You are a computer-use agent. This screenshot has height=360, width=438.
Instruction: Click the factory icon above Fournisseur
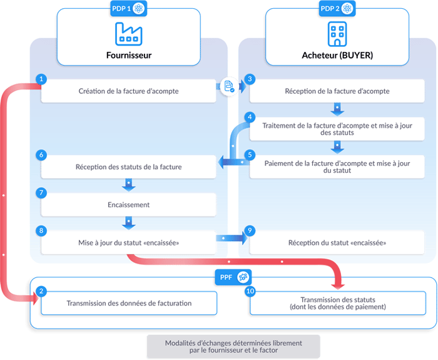pos(128,33)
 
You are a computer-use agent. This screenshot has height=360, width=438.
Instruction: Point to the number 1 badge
pos(41,80)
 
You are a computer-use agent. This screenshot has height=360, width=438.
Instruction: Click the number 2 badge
pos(41,292)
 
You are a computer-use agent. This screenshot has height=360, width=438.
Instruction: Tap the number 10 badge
pos(250,292)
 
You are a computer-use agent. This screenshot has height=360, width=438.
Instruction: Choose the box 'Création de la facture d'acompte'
pos(129,91)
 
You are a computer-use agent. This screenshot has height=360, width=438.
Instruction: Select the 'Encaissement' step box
pos(129,205)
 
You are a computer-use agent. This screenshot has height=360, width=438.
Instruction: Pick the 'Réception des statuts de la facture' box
pos(129,167)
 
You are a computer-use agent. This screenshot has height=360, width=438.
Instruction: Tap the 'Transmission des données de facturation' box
pos(129,304)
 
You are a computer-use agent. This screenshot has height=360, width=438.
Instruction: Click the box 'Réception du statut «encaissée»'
pos(337,242)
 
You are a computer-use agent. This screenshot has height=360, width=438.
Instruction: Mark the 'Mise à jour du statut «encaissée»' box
pos(129,242)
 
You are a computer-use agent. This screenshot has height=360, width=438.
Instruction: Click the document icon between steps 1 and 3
pos(230,87)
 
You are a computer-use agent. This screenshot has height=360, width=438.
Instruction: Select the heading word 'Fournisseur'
pos(129,55)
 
